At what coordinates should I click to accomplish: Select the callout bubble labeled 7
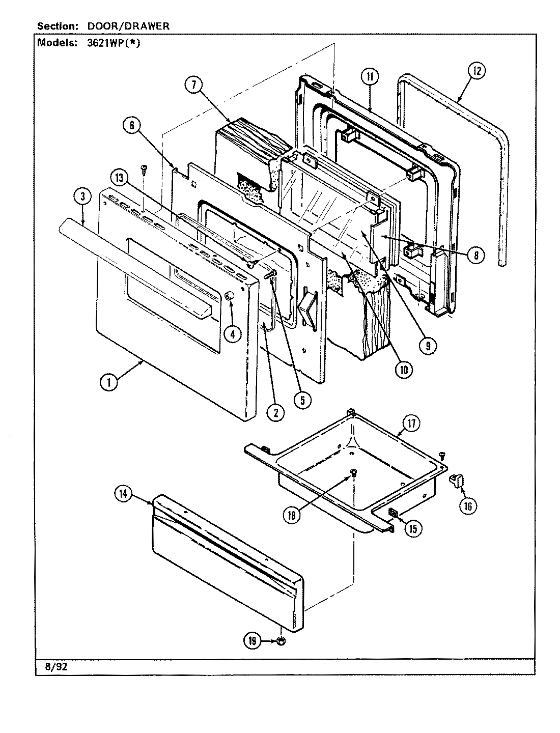193,86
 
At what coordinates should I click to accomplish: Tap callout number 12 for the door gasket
476,71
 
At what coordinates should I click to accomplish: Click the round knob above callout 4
229,296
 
